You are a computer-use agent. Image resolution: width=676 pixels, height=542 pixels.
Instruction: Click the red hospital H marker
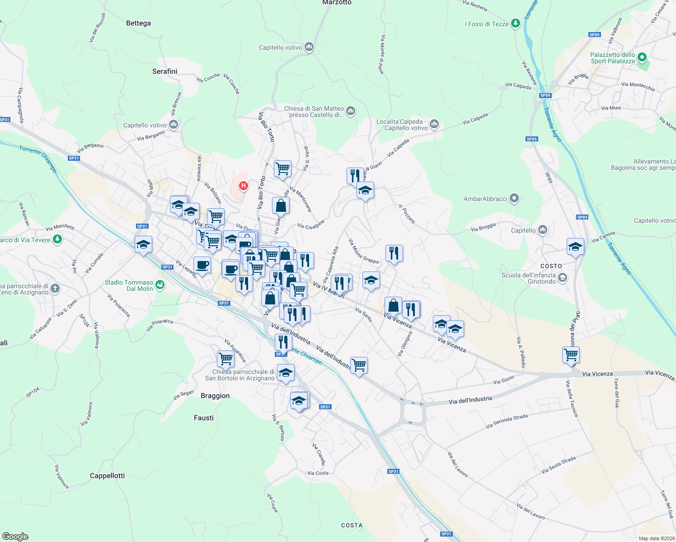(x=243, y=186)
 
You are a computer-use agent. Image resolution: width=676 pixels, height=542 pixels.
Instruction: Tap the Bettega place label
(x=138, y=23)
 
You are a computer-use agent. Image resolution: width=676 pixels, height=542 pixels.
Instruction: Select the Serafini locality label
(x=164, y=71)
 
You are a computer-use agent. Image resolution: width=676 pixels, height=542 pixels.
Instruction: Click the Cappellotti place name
(x=107, y=476)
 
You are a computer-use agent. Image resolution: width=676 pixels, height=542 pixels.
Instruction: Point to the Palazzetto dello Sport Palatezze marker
(x=642, y=58)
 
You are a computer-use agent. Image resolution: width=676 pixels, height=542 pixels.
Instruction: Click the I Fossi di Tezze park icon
(x=516, y=24)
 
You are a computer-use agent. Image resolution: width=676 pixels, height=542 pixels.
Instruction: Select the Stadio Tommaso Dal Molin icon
(x=160, y=285)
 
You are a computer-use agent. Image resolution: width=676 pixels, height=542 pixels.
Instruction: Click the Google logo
(x=15, y=537)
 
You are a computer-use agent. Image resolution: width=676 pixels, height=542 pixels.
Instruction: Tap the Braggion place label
(x=215, y=396)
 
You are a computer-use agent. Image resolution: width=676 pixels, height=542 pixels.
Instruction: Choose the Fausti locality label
(x=204, y=418)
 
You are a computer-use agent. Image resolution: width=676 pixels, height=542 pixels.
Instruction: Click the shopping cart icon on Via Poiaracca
(x=225, y=359)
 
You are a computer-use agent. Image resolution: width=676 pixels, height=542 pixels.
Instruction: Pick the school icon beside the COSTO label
(x=575, y=247)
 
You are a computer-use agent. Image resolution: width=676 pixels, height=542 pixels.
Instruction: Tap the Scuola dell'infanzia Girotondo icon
(x=563, y=278)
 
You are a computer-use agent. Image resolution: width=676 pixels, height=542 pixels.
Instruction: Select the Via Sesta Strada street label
(x=559, y=465)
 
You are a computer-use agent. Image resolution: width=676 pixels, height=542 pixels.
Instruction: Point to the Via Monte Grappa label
(x=363, y=251)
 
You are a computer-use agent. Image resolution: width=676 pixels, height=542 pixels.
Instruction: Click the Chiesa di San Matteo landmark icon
(x=351, y=111)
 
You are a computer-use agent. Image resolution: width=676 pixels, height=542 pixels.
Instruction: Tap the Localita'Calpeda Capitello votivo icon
(x=434, y=124)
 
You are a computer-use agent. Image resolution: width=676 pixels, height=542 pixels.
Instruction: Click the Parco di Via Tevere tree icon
(x=57, y=239)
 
